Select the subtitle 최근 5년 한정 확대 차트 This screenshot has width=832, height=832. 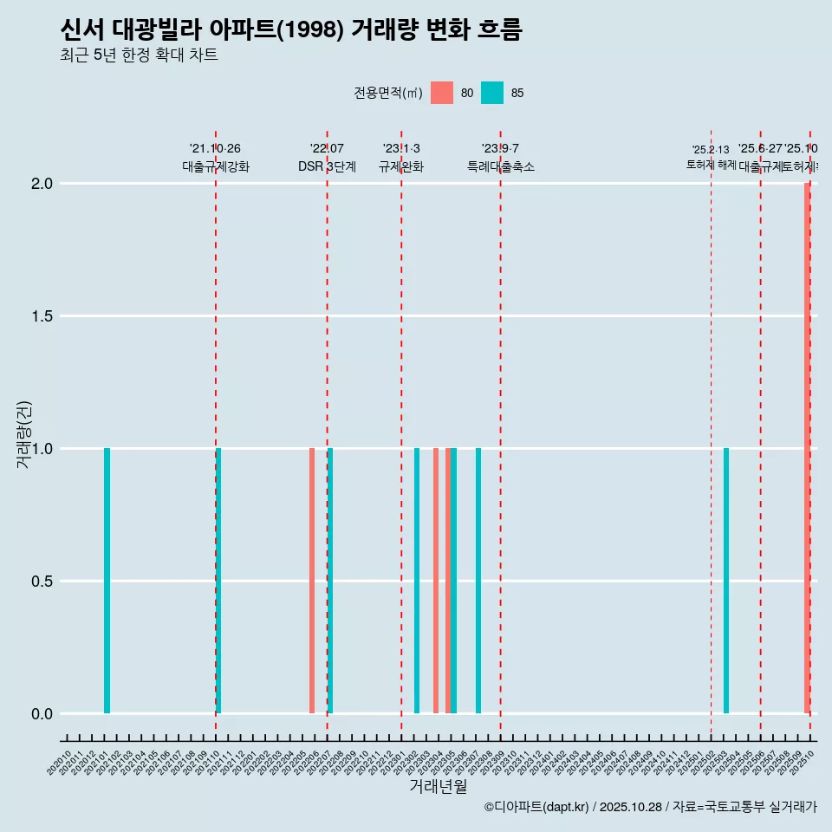pos(139,55)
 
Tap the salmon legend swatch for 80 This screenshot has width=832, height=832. pos(442,93)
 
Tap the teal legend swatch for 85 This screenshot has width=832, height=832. pos(492,93)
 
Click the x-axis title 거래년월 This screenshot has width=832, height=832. pos(438,787)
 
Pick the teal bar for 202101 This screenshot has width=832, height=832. pos(107,581)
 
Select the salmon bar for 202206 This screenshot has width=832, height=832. pos(312,581)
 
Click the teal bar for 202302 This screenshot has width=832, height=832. pos(417,581)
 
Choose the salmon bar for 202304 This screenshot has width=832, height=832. pos(436,581)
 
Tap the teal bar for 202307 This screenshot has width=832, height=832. pos(478,581)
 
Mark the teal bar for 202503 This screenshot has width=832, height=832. pos(726,581)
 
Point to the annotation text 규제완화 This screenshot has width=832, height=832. pos(401,167)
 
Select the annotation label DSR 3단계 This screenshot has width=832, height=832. pos(327,167)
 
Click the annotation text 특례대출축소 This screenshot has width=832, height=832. pos(501,167)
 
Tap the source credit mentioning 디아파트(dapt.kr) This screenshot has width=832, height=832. pos(650,807)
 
